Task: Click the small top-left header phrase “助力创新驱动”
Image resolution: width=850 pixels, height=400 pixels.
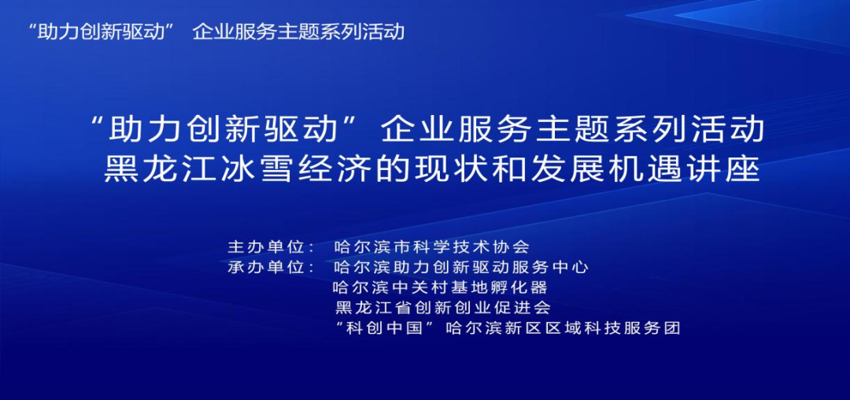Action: point(99,32)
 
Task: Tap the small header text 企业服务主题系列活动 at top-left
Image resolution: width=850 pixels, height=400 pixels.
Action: point(298,32)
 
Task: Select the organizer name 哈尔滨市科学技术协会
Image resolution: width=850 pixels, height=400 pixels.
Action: point(432,246)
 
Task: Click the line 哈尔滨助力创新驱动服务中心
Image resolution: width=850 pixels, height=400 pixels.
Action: point(461,267)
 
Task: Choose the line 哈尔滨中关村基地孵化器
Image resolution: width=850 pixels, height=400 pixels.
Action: point(440,287)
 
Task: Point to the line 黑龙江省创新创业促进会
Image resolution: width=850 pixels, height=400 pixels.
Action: point(442,307)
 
